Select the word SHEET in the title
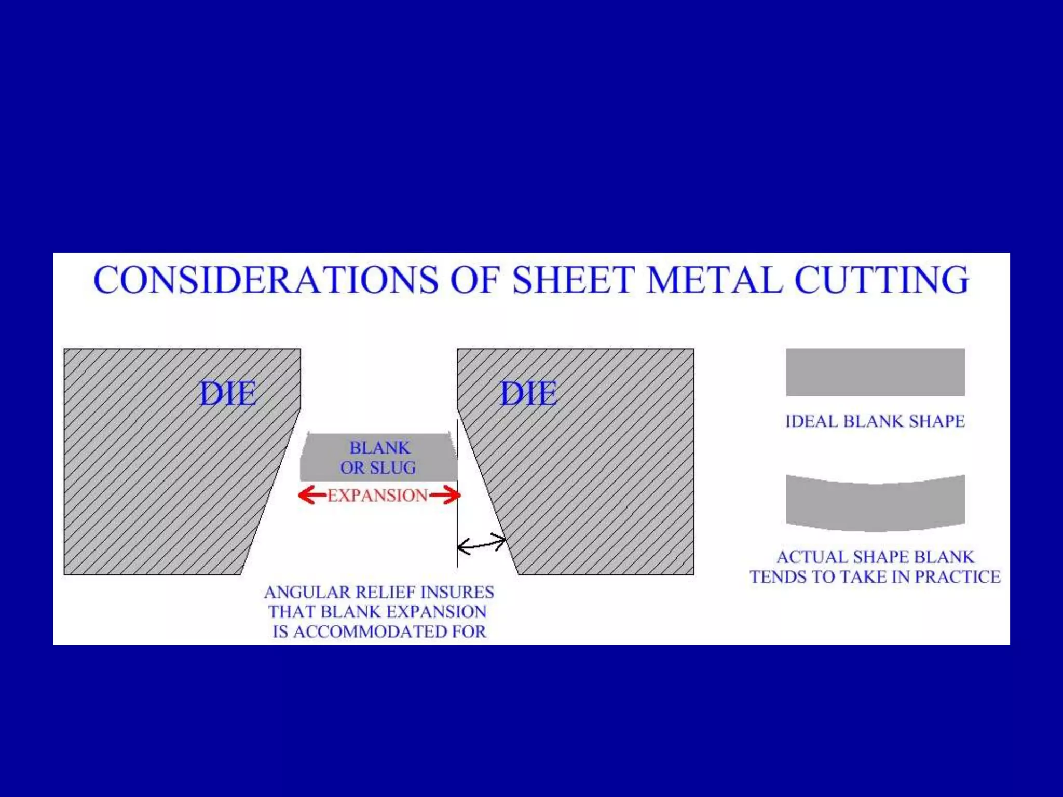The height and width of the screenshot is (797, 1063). point(573,280)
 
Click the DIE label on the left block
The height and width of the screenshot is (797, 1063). point(228,393)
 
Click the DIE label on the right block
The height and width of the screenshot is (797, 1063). point(528,393)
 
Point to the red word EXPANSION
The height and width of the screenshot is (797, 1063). point(377,496)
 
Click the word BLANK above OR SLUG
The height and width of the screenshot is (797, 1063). point(379,447)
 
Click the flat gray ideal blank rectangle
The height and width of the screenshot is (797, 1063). point(875,372)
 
